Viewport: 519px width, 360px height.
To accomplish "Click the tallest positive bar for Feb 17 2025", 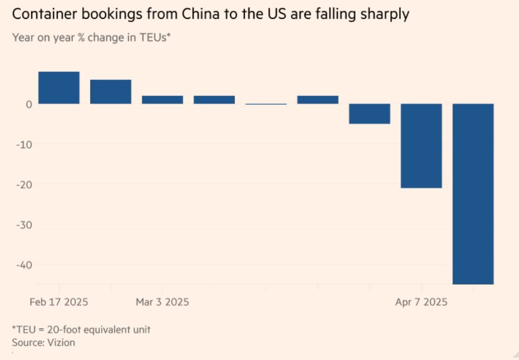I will coord(59,88).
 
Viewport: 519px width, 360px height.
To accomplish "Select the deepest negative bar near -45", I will coord(473,193).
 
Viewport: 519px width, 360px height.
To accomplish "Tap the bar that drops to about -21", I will coord(421,145).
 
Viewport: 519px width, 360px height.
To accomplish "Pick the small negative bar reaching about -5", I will coord(369,114).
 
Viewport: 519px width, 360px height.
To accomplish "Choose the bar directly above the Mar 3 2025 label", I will coord(162,100).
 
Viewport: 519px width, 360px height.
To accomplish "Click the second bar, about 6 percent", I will coord(110,92).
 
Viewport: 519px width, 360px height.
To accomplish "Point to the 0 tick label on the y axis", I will coord(28,104).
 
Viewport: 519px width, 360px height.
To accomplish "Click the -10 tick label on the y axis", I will coord(24,144).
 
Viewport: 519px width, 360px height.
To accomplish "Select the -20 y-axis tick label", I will coord(24,184).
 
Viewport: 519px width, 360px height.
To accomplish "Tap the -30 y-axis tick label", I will coord(24,225).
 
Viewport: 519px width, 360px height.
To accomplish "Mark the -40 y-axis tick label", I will coord(24,265).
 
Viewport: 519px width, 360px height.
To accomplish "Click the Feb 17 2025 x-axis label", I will coord(59,302).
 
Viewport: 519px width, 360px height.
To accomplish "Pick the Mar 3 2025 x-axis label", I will coord(162,302).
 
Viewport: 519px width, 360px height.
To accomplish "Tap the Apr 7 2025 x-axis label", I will coord(421,302).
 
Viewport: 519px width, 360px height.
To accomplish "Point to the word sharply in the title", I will coord(381,14).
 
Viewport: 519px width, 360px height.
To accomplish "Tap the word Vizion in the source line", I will coord(62,342).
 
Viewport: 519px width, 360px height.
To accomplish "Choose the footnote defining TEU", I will coord(81,329).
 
